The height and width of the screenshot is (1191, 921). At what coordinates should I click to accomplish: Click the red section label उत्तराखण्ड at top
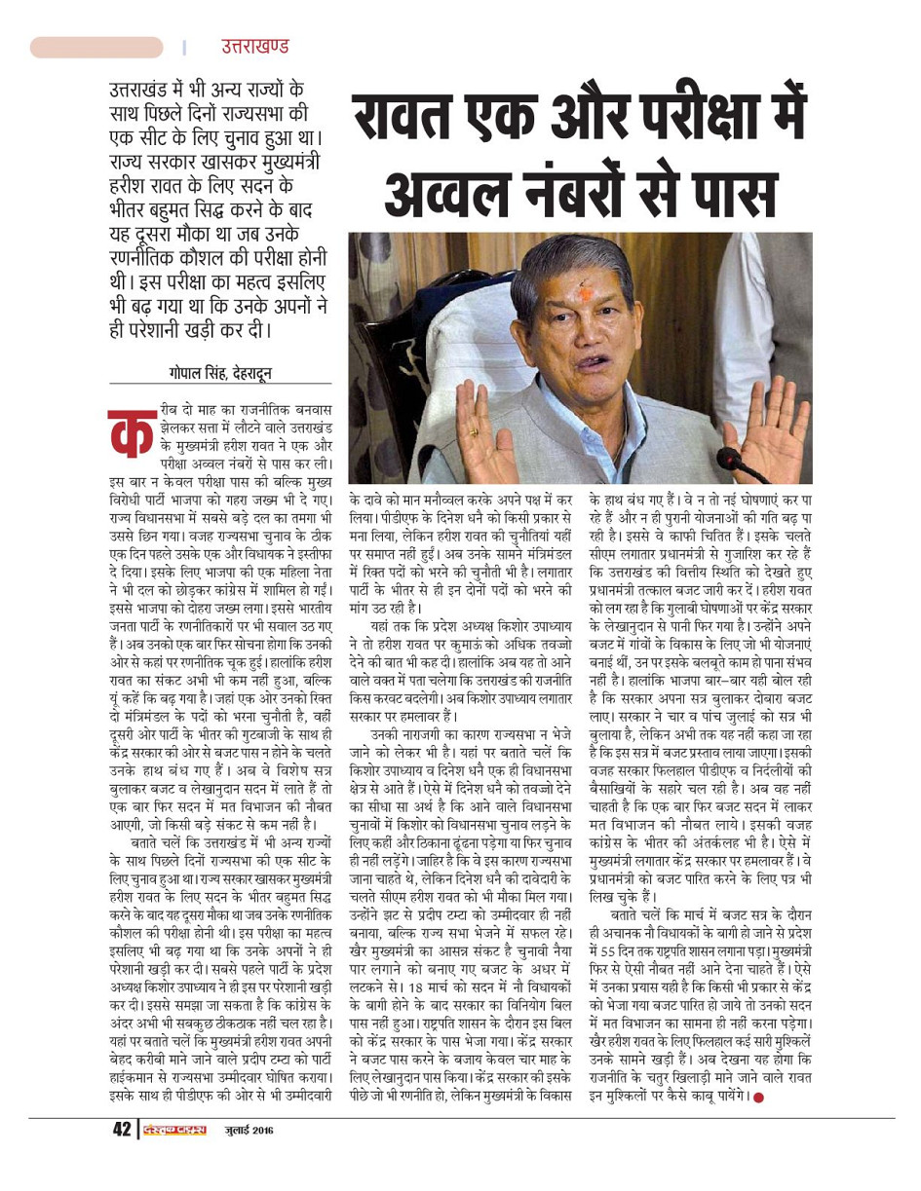255,47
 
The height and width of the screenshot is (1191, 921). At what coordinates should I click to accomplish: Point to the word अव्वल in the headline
447,192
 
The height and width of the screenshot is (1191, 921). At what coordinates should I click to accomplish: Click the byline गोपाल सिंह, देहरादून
219,373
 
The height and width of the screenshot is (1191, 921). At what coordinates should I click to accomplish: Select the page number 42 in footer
121,1130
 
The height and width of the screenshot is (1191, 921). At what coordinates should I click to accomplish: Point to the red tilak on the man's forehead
587,293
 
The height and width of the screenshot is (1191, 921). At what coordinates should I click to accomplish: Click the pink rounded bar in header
96,47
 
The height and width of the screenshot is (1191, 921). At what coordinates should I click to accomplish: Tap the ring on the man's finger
474,431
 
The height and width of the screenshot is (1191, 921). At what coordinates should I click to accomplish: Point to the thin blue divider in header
184,47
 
